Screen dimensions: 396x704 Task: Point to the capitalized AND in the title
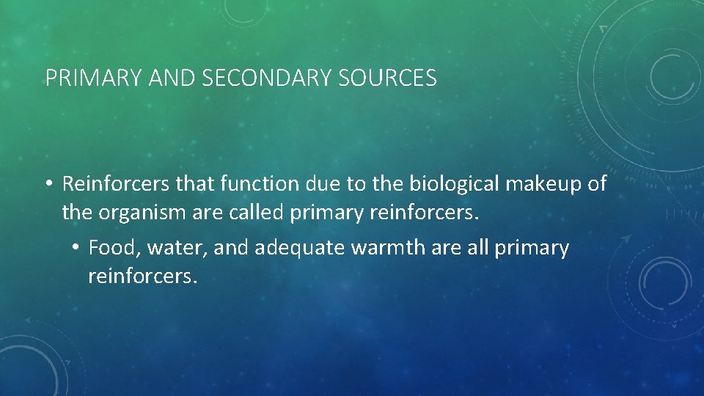(x=167, y=78)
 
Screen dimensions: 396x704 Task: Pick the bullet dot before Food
(x=76, y=249)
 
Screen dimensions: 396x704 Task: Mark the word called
(x=256, y=214)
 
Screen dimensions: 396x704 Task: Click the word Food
(x=113, y=248)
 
